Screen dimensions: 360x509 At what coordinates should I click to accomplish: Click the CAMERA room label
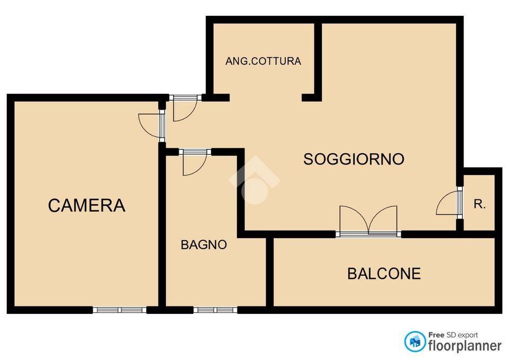[86, 205]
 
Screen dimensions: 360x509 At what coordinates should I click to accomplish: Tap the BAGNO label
[204, 245]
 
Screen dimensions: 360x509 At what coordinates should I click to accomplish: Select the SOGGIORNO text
[354, 159]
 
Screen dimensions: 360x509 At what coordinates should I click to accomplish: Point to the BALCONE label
[384, 274]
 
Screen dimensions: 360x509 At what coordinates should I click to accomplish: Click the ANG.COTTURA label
[263, 61]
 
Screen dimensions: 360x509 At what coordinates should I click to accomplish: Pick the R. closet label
[480, 204]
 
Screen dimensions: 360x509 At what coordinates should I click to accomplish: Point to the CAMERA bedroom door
[151, 125]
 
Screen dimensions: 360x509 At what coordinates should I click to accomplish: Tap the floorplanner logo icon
[415, 341]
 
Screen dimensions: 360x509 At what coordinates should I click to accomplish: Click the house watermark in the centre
[254, 180]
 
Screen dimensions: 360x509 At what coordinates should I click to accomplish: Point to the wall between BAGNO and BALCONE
[269, 271]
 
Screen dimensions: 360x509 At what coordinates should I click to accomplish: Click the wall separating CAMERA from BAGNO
[162, 228]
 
